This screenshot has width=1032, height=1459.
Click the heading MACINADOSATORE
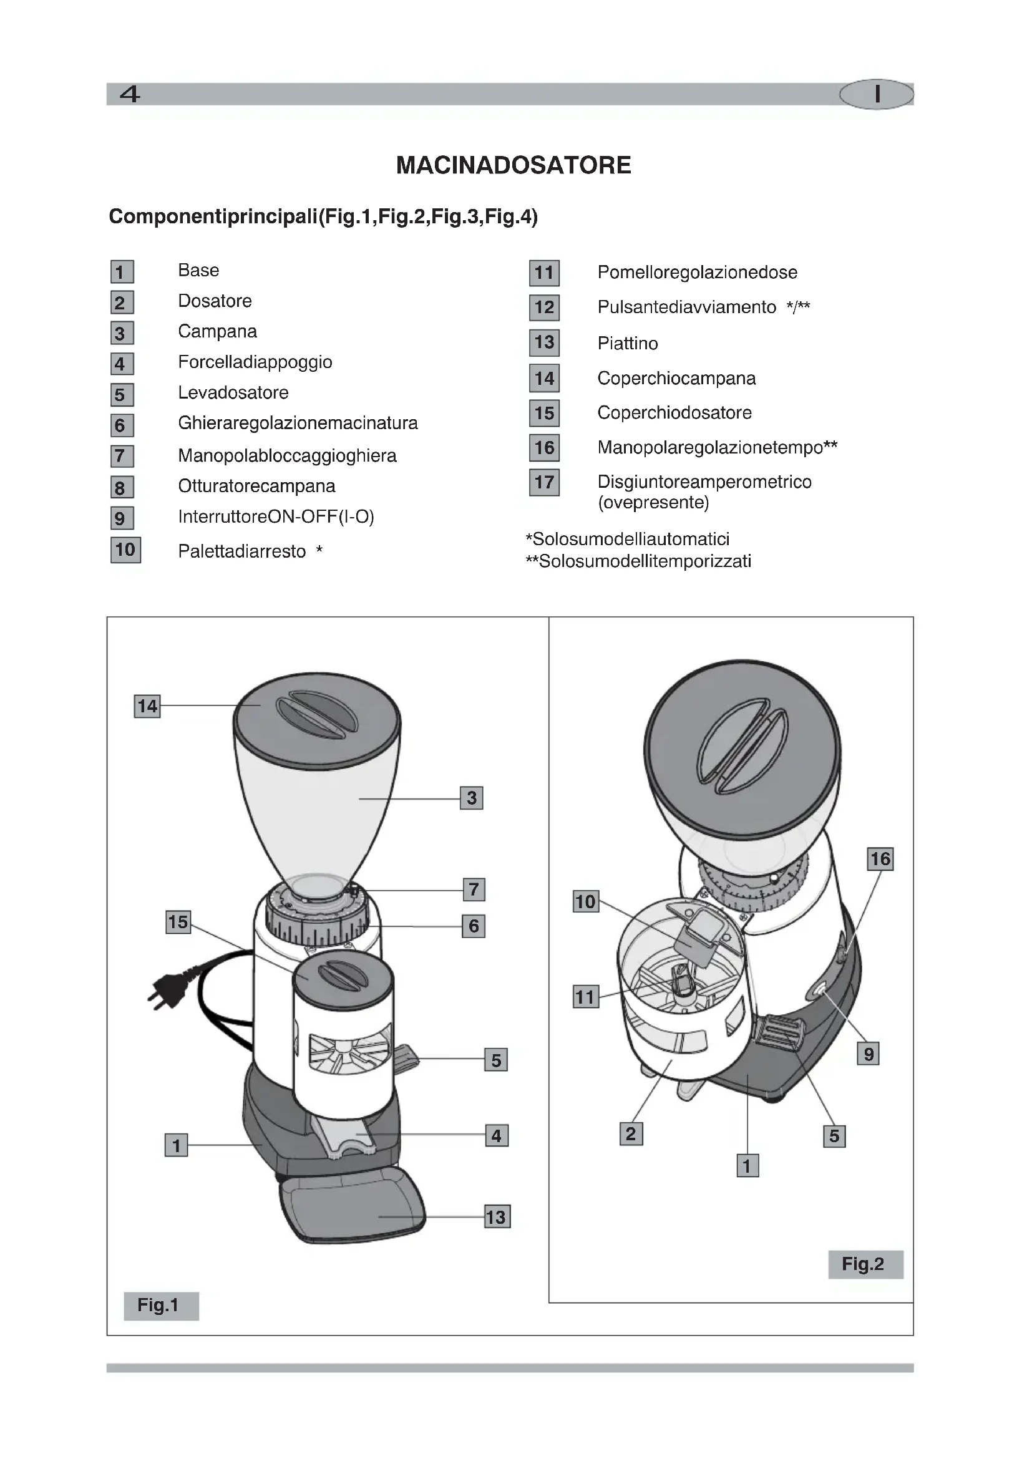[x=514, y=165]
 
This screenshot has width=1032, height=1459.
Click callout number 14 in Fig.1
[x=147, y=706]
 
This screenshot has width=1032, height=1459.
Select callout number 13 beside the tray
[x=496, y=1217]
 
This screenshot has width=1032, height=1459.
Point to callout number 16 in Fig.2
[x=880, y=859]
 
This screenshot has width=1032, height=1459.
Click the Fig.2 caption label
[x=865, y=1264]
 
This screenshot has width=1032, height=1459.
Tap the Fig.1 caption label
[x=161, y=1305]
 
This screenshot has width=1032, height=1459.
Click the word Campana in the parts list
[x=217, y=332]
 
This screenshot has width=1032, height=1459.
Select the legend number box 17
[x=544, y=482]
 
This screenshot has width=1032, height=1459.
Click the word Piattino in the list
[x=627, y=344]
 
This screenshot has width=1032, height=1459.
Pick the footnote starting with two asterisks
[x=639, y=562]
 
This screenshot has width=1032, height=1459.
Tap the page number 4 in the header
[x=130, y=95]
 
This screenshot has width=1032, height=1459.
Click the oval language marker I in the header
[x=876, y=95]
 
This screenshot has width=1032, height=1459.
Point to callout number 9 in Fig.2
[x=868, y=1054]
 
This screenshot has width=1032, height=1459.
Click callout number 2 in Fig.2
[x=630, y=1133]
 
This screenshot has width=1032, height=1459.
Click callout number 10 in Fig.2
[x=585, y=902]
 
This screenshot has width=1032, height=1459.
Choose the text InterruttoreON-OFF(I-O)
[x=276, y=516]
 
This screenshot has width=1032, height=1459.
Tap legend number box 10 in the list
[x=125, y=550]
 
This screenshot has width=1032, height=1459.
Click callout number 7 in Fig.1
[x=474, y=889]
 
